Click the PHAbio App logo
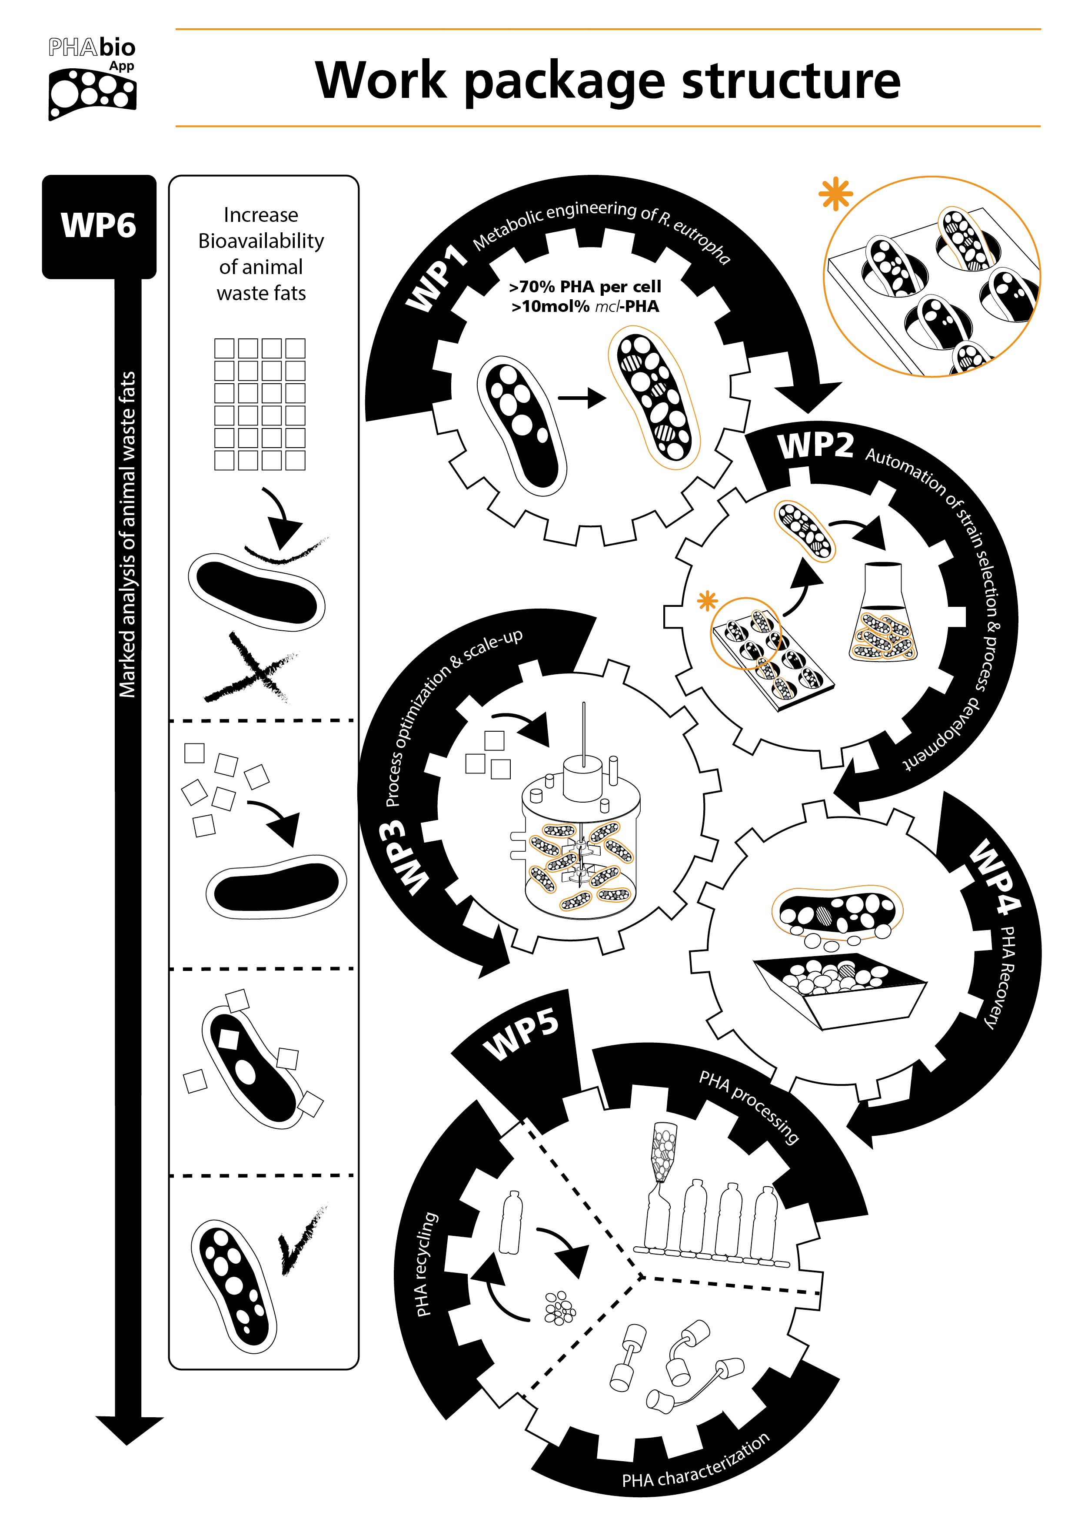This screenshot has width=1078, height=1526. click(92, 78)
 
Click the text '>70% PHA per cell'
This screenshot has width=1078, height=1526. click(585, 287)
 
